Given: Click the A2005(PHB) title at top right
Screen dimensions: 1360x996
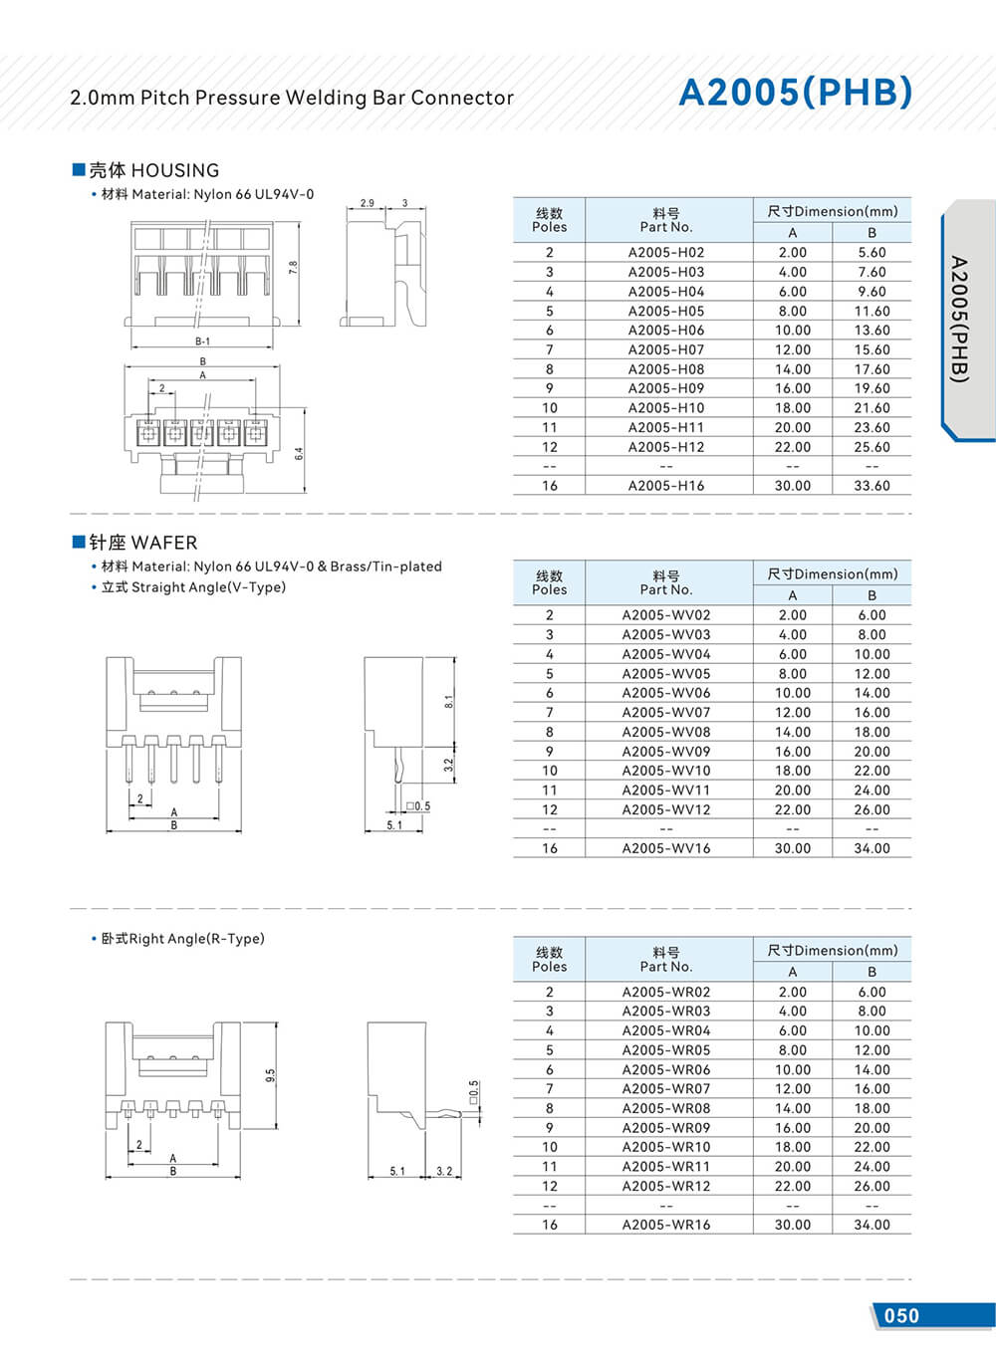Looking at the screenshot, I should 795,92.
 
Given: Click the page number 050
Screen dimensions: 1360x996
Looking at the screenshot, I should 901,1315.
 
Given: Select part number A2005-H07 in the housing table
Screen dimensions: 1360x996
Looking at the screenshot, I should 665,349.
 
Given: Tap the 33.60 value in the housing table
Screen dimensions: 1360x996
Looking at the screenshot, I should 871,486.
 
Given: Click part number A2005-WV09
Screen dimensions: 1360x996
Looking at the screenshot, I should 665,752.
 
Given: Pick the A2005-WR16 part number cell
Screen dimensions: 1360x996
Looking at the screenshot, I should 665,1225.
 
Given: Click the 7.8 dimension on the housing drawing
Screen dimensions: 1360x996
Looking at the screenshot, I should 293,268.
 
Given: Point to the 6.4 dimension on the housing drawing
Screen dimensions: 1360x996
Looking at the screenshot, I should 298,453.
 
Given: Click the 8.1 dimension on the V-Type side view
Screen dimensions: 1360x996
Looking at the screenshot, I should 448,701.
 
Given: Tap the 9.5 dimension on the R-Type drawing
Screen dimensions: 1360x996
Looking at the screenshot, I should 270,1076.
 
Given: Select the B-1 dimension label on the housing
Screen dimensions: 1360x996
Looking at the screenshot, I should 202,341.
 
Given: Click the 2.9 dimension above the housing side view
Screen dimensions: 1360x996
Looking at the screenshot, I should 368,203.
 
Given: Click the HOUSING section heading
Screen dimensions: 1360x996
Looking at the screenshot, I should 153,170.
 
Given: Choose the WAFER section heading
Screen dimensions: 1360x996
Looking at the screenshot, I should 142,543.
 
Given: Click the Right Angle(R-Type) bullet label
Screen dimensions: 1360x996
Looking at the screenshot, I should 182,939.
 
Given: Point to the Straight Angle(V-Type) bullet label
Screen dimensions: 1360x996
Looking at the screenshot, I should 193,587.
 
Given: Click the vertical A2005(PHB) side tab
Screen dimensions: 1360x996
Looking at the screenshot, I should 958,319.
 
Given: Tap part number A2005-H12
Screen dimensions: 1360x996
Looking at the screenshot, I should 665,447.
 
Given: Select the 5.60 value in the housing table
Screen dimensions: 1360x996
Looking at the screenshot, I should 871,253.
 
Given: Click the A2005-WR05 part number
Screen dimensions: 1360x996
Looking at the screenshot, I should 665,1050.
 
